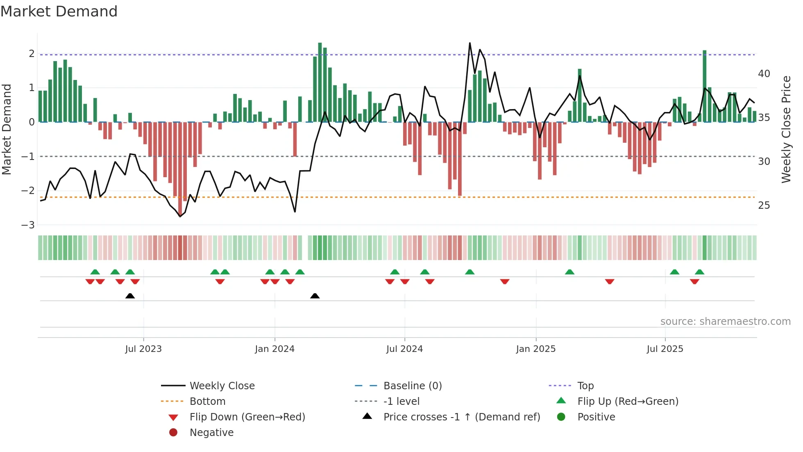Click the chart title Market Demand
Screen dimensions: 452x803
(59, 11)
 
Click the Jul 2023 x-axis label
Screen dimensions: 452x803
(143, 349)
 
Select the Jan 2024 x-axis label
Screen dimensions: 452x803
(274, 349)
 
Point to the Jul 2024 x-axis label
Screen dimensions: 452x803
(404, 349)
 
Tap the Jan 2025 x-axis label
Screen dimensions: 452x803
(535, 349)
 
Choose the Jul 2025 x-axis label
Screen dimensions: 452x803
(665, 349)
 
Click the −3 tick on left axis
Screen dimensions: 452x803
(28, 225)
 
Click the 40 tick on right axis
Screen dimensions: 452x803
(764, 74)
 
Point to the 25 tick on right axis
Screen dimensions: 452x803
(764, 205)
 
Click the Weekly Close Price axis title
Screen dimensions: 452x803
(786, 129)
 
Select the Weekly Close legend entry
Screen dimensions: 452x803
(222, 386)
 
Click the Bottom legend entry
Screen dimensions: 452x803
(207, 402)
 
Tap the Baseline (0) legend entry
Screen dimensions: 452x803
(412, 386)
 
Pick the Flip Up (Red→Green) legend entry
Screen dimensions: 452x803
(628, 402)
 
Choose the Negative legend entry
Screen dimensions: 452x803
(211, 433)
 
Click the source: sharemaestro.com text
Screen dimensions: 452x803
(725, 322)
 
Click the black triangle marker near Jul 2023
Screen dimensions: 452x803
(130, 296)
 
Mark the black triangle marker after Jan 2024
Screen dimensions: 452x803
(315, 296)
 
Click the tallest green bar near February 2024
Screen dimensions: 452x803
(320, 82)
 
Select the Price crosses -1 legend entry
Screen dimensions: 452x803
(461, 417)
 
